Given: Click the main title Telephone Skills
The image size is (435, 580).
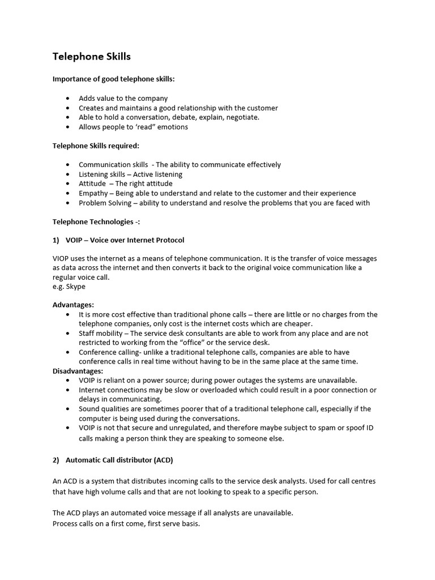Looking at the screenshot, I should coord(92,57).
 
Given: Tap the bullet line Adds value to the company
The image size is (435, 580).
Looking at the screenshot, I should coord(123,98).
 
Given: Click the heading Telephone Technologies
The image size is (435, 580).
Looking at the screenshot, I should coord(96,221).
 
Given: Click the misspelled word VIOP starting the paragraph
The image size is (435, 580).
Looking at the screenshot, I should coord(62,258).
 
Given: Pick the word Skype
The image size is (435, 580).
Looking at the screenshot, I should coord(75,287).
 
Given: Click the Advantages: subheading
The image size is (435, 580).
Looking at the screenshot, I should coord(73,305).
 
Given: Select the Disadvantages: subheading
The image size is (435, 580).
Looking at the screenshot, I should coord(78,371).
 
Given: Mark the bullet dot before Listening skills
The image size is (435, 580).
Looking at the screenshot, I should coord(68,174).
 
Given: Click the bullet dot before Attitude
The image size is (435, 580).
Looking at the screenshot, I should coord(68,184).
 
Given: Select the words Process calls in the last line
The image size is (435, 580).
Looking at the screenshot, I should coord(74,524).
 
